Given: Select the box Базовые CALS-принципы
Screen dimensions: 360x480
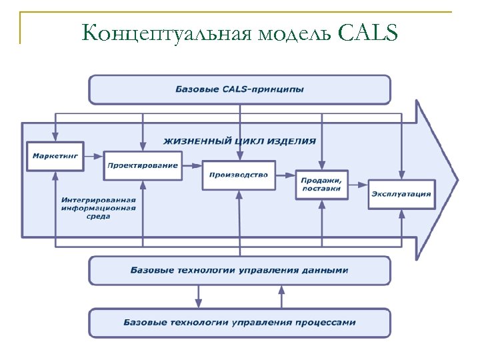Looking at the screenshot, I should (x=239, y=89).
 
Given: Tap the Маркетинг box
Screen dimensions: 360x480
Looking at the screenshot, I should (x=55, y=155).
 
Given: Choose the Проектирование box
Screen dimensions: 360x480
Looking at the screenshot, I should (x=143, y=165).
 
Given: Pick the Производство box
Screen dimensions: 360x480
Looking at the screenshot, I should (x=239, y=175).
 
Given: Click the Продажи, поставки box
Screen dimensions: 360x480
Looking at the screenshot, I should (x=321, y=184).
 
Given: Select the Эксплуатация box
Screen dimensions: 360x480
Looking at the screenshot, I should (x=401, y=194).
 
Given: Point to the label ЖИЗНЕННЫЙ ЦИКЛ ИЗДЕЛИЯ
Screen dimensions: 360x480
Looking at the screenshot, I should (x=239, y=141).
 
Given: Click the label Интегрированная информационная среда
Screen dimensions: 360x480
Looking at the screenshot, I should (x=99, y=208).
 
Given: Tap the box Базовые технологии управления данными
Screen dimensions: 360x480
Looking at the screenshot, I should (x=239, y=271).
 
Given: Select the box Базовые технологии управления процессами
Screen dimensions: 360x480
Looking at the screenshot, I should (x=239, y=323).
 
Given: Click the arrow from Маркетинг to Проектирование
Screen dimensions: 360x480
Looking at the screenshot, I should (x=94, y=156).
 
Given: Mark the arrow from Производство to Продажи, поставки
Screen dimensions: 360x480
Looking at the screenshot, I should (x=285, y=177).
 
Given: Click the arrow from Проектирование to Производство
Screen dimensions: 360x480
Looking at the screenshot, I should (x=192, y=167).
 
